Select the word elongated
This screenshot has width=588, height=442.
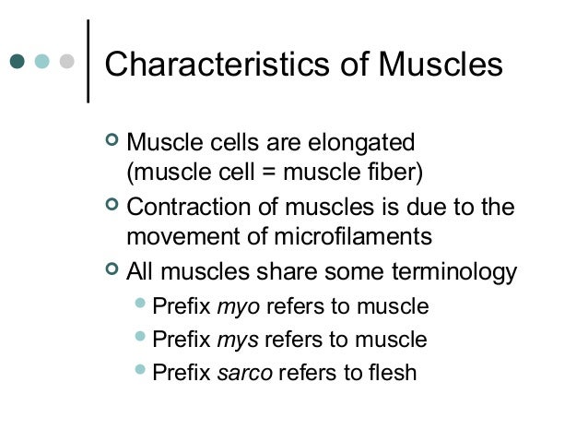tap(364, 144)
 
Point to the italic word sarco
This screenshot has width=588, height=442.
tap(243, 373)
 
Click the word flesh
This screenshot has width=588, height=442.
tap(392, 373)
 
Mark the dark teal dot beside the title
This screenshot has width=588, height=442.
tap(18, 63)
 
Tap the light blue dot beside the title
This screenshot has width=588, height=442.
tap(42, 63)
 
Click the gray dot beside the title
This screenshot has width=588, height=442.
tap(66, 63)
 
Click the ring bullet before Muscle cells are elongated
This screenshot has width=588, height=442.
tap(112, 142)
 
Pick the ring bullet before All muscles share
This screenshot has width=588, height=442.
tap(112, 271)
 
